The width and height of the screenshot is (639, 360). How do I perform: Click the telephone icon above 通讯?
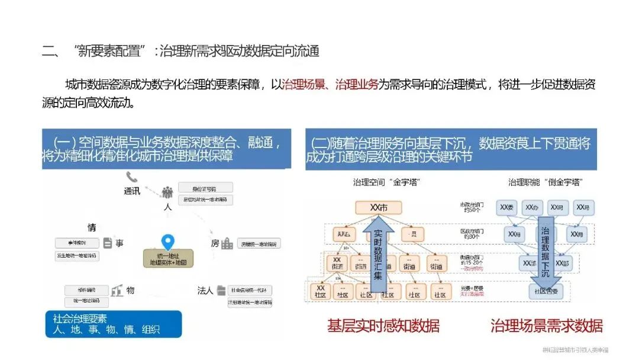click(131, 177)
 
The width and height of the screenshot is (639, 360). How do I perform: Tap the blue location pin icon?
click(168, 243)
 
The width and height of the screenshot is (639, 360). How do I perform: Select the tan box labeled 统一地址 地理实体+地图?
click(169, 258)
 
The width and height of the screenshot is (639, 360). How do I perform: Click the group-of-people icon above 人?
click(167, 192)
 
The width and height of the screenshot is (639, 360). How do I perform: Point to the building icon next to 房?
click(227, 243)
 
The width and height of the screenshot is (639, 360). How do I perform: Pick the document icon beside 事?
click(108, 243)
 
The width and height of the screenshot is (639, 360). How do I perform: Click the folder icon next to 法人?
click(221, 290)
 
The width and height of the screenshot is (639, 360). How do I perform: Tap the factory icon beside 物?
click(117, 290)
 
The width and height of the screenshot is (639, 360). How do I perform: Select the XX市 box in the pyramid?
click(378, 208)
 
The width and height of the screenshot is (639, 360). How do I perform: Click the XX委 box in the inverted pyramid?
click(508, 208)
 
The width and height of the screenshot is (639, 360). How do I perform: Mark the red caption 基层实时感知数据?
click(383, 326)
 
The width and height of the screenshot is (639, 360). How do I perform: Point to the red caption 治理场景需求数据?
click(546, 326)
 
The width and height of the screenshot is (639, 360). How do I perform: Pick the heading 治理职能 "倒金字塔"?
click(542, 182)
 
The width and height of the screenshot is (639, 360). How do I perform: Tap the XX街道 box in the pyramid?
click(337, 263)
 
